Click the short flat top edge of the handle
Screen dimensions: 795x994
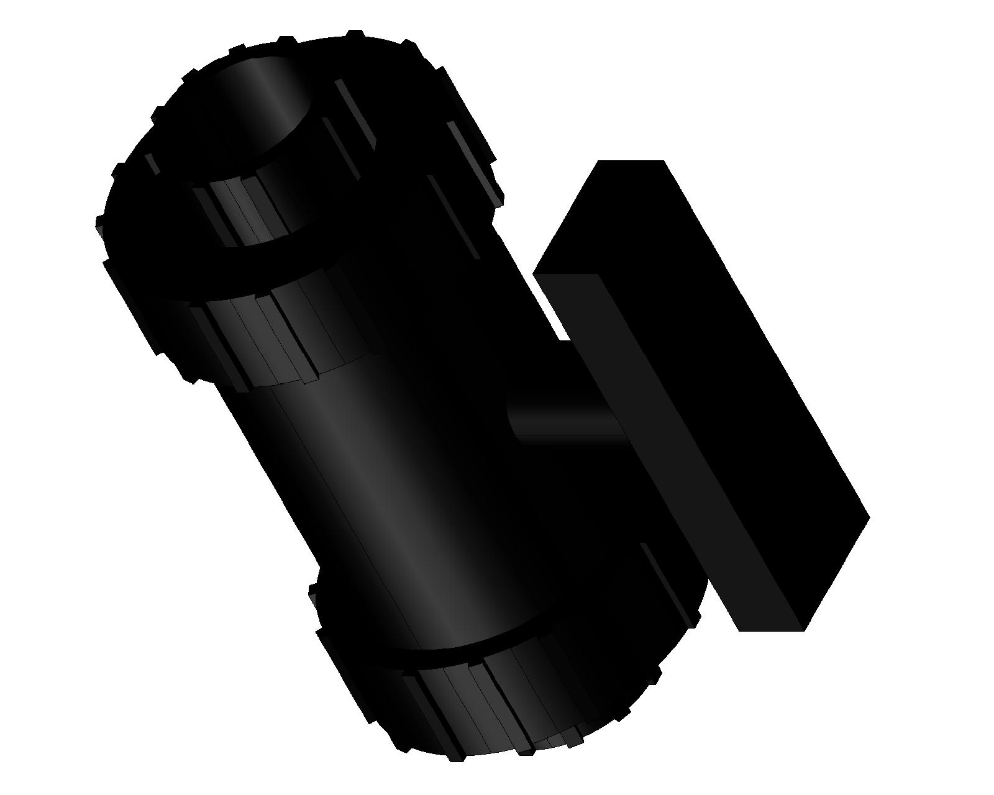click(x=631, y=161)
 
